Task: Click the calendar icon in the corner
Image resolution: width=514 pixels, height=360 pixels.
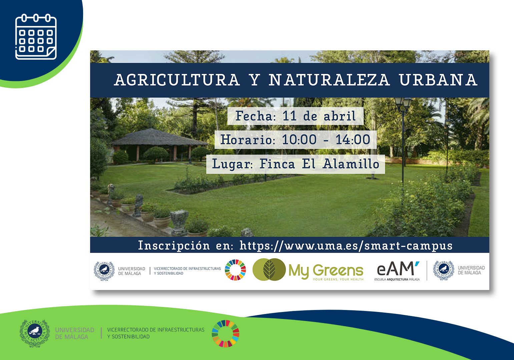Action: tap(36, 37)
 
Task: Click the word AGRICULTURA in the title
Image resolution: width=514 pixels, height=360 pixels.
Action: tap(177, 80)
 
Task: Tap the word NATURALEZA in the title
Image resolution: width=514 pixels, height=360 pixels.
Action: tap(329, 80)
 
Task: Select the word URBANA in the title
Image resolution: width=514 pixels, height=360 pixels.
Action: tap(438, 80)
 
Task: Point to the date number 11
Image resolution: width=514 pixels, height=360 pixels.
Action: tap(290, 116)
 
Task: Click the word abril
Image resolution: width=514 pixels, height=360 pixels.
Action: tap(340, 116)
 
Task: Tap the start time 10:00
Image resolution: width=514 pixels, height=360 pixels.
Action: tap(299, 139)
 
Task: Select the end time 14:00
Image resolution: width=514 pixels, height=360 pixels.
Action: tap(353, 139)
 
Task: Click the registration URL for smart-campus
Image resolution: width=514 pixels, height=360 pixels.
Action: tap(346, 246)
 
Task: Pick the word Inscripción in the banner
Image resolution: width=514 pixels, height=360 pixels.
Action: tap(174, 246)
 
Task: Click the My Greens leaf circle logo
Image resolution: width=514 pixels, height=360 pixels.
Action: tap(269, 270)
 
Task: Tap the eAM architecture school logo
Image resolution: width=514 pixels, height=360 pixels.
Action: tap(397, 271)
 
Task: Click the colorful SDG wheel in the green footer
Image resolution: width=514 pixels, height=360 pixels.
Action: tap(225, 333)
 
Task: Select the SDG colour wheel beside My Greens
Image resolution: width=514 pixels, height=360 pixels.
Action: tap(235, 270)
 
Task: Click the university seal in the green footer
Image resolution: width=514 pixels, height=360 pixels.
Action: tap(35, 333)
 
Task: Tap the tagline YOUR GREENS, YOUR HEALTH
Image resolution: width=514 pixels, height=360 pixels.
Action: tap(338, 279)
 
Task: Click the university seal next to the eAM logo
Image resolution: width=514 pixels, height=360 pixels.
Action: tap(444, 270)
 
